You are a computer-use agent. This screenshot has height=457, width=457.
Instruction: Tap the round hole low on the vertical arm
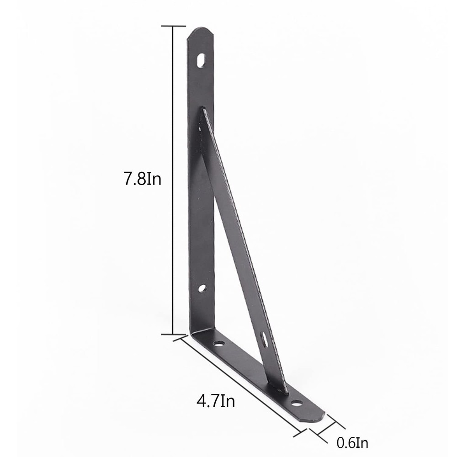202,288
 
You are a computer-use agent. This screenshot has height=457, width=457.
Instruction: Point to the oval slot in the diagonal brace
264,340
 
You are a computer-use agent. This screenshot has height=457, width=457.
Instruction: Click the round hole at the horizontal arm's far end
297,404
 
